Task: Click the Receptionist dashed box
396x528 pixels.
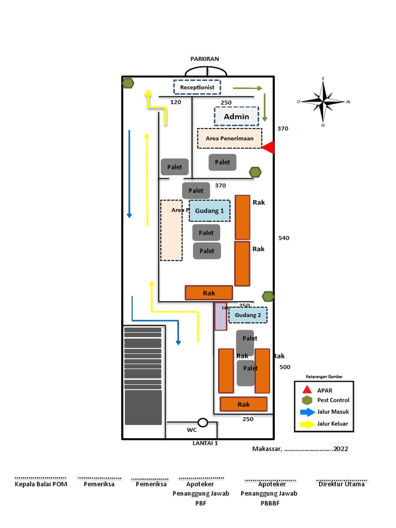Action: point(197,87)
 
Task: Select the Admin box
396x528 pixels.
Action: point(236,117)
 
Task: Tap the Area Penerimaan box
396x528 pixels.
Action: point(229,138)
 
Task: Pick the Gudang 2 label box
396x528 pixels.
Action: point(248,315)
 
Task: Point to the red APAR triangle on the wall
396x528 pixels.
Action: point(269,148)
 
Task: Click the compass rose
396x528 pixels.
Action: point(323,102)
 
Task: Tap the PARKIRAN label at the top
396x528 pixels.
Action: point(205,59)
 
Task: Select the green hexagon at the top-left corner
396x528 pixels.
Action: point(128,83)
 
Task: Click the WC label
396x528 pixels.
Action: point(191,430)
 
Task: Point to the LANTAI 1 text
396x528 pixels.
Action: point(205,443)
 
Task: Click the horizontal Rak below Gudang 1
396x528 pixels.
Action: point(209,293)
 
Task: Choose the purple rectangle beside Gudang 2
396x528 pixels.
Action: point(221,316)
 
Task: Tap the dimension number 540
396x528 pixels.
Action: point(284,238)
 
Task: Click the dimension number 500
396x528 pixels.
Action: point(285,367)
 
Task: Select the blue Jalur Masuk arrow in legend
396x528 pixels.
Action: point(307,412)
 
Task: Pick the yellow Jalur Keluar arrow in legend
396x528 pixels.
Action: point(307,424)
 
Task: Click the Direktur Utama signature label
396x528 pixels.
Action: point(341,484)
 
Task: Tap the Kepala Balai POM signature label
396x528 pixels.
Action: point(41,484)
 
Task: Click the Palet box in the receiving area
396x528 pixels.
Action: point(223,162)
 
